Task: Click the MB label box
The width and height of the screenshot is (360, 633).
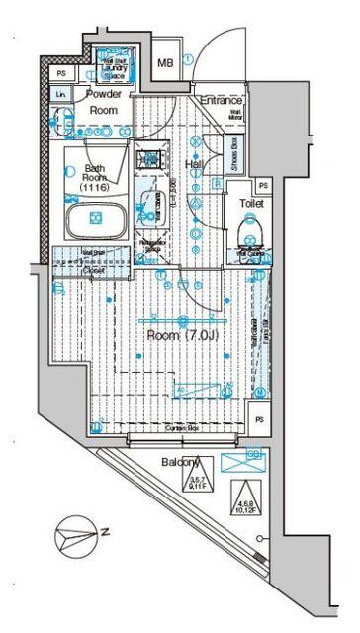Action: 168,63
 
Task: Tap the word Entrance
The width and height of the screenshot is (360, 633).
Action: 223,100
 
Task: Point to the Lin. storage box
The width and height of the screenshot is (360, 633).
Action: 61,94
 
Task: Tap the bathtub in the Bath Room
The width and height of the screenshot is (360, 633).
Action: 96,219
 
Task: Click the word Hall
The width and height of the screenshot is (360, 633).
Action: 196,165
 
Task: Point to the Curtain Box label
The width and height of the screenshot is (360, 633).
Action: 179,428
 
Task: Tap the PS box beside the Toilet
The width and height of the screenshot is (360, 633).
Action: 262,185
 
